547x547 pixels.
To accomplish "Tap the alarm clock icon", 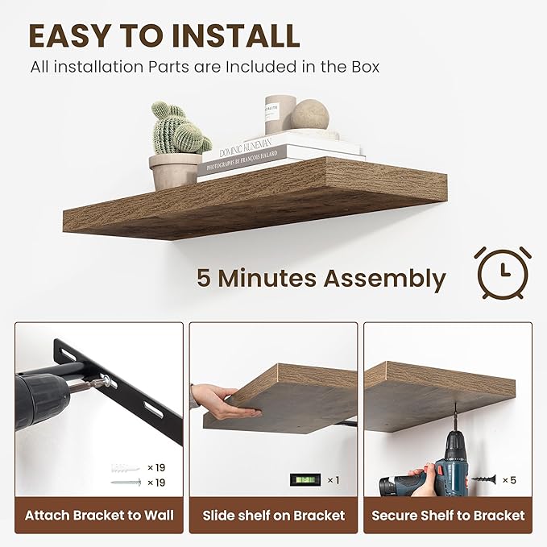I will (502, 272).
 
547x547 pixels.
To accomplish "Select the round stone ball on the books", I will (310, 114).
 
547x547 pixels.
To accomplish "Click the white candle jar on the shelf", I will (280, 114).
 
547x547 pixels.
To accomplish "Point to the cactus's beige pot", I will (175, 170).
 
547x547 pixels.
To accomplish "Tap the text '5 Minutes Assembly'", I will (321, 279).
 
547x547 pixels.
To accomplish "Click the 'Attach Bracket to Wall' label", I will (99, 516).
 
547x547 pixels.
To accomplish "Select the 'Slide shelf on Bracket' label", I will (274, 516).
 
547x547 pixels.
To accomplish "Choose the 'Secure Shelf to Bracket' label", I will (448, 516).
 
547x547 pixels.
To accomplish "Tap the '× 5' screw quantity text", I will (508, 480).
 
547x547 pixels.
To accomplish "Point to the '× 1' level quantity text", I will (331, 480).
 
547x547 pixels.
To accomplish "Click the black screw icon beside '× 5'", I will (484, 480).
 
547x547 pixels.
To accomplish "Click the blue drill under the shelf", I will (452, 468).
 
